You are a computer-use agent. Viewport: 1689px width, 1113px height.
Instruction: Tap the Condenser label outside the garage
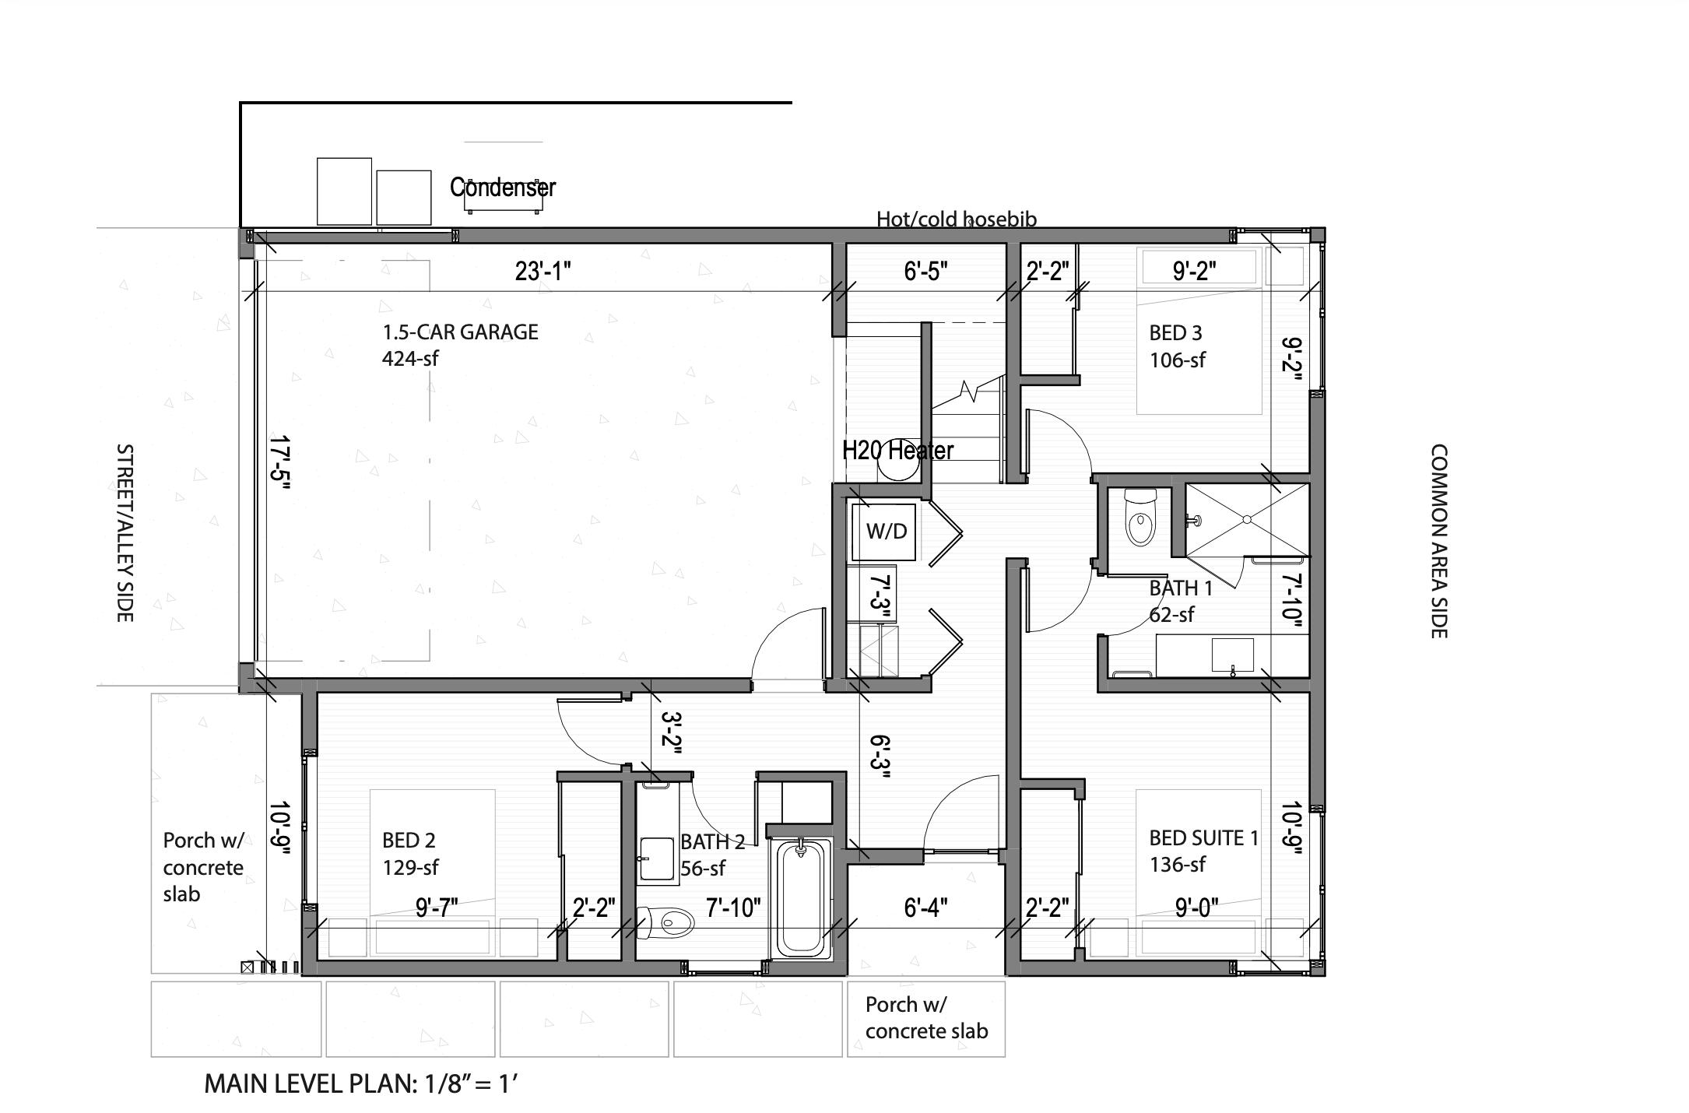503,188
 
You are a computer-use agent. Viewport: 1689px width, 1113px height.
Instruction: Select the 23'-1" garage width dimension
543,272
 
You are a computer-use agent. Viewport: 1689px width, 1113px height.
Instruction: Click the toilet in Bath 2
668,923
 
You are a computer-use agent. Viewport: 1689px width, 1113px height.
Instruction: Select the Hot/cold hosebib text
957,219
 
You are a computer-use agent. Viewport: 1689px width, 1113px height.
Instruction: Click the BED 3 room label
1176,333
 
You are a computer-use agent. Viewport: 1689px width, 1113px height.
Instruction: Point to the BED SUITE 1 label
1203,838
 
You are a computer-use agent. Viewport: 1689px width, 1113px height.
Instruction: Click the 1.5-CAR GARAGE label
460,332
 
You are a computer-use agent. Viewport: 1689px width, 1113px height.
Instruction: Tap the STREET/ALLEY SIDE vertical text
125,533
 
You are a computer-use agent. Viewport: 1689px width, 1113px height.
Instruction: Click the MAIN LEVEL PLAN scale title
360,1083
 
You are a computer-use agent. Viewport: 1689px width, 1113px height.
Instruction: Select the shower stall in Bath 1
1246,519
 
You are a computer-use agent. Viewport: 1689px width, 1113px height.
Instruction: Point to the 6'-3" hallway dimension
879,757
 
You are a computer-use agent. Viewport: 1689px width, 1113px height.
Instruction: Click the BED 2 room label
409,841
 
